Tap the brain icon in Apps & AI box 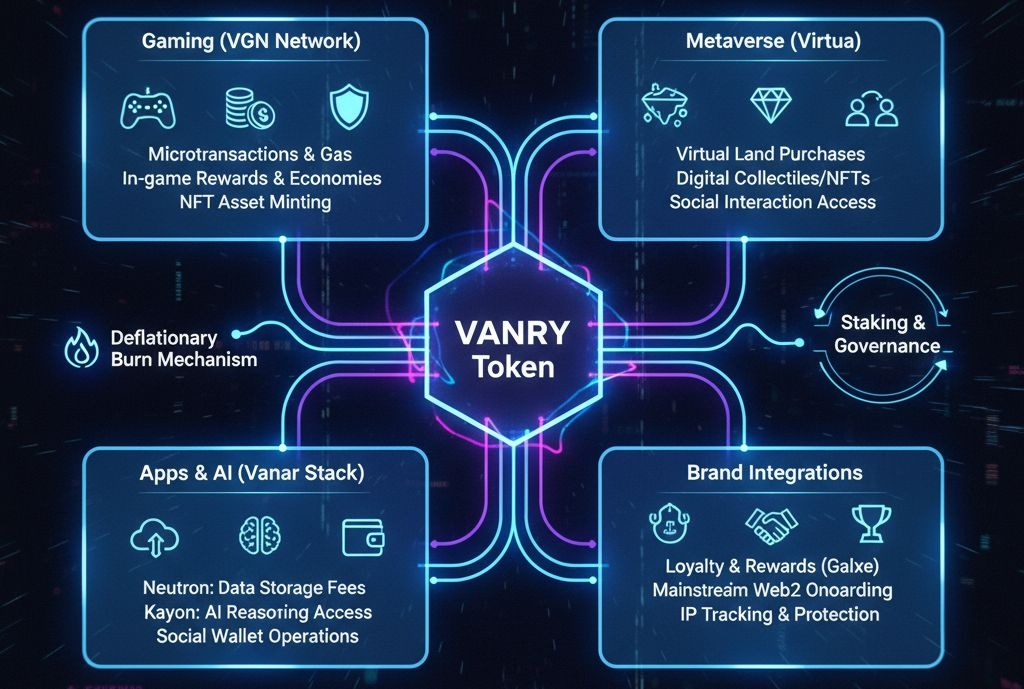(x=256, y=536)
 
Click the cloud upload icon (x=155, y=537)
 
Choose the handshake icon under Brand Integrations (x=771, y=520)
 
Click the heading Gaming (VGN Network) (x=251, y=43)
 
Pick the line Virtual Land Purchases (x=770, y=154)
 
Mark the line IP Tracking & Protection (x=767, y=614)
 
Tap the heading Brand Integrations (x=774, y=472)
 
